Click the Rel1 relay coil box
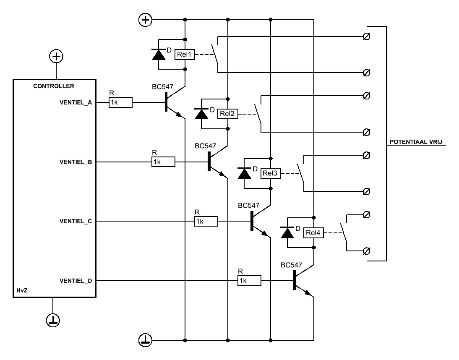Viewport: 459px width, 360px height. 185,55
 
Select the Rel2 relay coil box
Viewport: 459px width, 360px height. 227,114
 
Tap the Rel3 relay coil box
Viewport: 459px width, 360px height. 271,173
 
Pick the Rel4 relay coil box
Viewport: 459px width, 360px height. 313,233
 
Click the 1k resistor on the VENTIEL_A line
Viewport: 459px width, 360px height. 120,102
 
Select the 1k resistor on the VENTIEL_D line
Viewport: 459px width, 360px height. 249,281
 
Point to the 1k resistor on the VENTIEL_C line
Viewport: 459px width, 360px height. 206,221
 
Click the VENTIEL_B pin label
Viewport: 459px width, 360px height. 76,162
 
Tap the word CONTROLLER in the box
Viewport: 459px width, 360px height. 54,86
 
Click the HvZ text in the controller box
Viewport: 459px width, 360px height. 22,291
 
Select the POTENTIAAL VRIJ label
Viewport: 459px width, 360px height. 416,142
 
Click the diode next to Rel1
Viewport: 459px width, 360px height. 159,55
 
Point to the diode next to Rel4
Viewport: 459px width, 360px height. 287,233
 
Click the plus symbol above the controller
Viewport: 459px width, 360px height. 56,56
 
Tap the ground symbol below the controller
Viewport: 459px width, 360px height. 53,320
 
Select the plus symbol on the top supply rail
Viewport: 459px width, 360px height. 145,20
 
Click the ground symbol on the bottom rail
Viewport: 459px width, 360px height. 145,340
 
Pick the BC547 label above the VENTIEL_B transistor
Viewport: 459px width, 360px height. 206,146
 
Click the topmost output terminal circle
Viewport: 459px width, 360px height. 367,37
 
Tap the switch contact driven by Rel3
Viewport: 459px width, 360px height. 301,173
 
